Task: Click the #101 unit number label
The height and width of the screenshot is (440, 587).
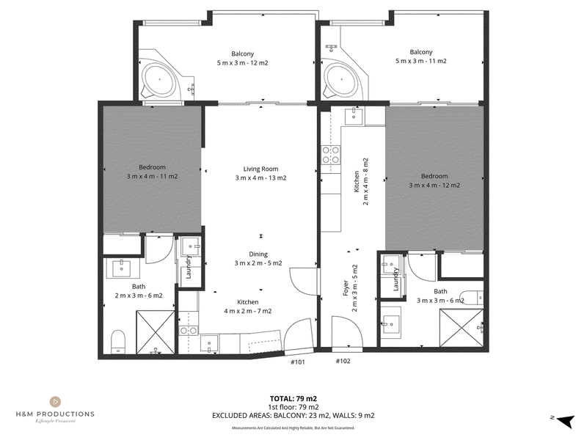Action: click(x=298, y=362)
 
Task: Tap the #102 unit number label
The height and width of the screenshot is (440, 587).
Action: click(x=343, y=361)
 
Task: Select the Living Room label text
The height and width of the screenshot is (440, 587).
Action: click(x=260, y=169)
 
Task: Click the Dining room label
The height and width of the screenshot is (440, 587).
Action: click(x=258, y=254)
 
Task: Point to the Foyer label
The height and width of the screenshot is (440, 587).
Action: click(x=346, y=288)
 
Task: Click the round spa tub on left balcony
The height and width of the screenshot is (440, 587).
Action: click(x=159, y=79)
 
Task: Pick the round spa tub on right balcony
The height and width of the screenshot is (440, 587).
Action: click(x=341, y=79)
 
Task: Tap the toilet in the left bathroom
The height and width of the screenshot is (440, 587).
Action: click(x=118, y=341)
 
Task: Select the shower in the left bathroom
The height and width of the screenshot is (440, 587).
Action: click(x=156, y=332)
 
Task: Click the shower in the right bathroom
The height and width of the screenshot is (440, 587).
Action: click(x=462, y=327)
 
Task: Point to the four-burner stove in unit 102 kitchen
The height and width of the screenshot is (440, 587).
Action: click(x=331, y=155)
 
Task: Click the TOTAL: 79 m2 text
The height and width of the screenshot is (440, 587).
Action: click(x=293, y=399)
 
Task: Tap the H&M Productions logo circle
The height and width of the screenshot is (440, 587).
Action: click(x=55, y=402)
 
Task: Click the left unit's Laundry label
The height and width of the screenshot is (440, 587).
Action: click(x=189, y=267)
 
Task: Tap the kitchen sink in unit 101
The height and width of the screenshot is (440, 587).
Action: click(x=208, y=344)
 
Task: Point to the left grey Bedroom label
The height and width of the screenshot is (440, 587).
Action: click(x=152, y=167)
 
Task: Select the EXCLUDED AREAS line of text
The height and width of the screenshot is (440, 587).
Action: click(x=293, y=415)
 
